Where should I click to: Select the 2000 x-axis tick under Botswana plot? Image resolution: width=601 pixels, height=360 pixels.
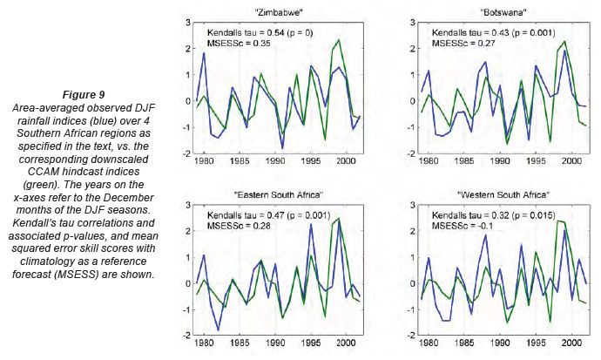click(x=568, y=162)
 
